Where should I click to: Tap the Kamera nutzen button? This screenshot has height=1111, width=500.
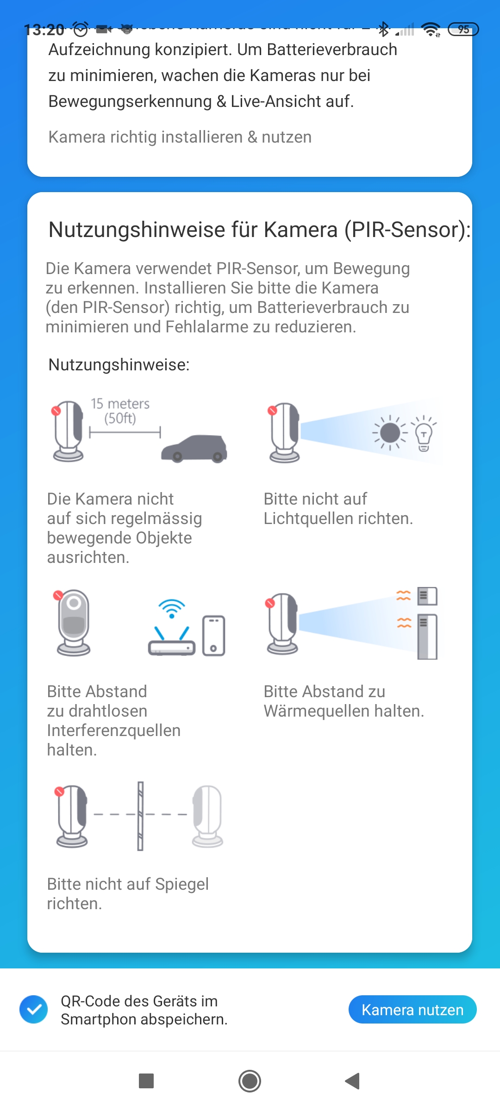412,1010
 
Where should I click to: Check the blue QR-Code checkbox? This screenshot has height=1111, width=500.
34,1010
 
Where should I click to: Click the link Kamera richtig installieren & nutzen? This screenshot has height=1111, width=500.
180,137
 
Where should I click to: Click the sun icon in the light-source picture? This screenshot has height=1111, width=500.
390,433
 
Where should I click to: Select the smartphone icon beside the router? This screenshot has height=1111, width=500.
213,636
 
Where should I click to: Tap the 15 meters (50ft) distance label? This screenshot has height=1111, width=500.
120,411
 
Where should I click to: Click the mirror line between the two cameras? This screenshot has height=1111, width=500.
140,816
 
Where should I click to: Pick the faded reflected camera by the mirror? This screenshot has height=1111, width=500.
208,816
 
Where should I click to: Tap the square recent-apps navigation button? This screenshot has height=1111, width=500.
146,1081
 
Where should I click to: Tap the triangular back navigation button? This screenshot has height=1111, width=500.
353,1081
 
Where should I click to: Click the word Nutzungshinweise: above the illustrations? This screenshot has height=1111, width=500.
119,365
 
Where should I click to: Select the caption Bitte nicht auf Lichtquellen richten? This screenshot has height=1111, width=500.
338,509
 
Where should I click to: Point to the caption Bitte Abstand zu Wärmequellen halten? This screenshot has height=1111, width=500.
344,701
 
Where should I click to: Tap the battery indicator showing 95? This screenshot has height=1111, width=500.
463,30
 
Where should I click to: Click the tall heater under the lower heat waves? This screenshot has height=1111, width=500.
427,637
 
